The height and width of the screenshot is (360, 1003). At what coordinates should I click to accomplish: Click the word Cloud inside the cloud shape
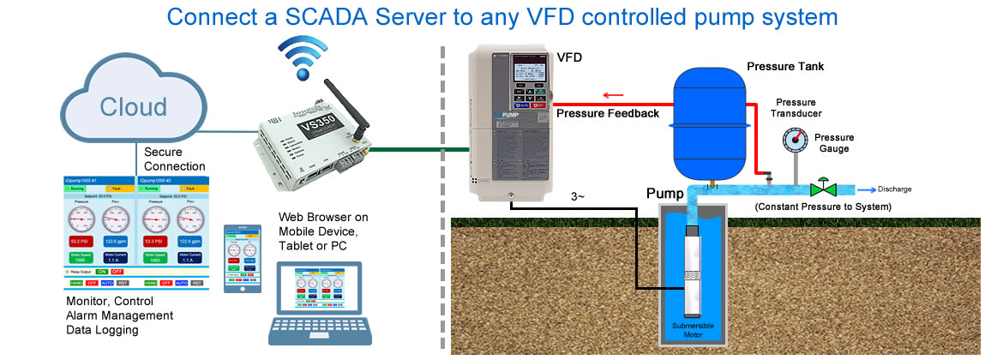[133, 107]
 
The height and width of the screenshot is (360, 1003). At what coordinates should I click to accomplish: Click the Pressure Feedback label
[608, 113]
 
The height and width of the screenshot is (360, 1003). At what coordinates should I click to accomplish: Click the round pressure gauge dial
[794, 139]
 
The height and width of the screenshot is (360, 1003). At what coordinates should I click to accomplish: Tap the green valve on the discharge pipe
[826, 188]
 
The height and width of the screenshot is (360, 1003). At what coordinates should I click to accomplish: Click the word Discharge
[894, 189]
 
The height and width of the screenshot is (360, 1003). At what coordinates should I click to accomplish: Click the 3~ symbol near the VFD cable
[579, 199]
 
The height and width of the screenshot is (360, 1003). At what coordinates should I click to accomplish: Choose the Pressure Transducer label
[796, 108]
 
